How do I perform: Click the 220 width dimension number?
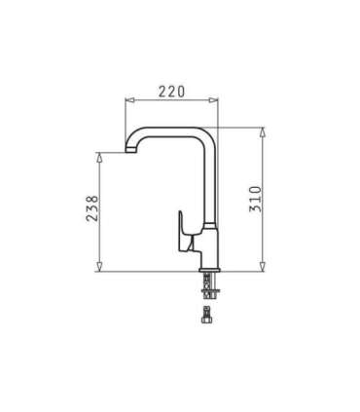[171, 92]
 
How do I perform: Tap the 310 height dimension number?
[256, 201]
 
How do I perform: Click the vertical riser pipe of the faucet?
[208, 185]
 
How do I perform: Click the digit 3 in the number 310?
[256, 215]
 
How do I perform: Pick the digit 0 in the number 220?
[182, 92]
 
